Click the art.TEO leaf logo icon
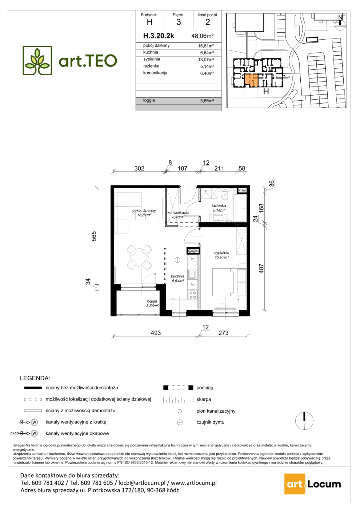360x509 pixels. (x=37, y=60)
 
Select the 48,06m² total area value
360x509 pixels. (x=203, y=36)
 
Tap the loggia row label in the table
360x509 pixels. (x=149, y=100)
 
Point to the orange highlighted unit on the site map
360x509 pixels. (x=251, y=80)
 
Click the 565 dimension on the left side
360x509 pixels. (x=94, y=236)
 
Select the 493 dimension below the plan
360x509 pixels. (x=156, y=333)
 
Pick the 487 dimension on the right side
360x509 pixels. (x=261, y=268)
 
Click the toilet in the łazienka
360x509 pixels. (x=225, y=196)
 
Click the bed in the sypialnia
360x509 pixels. (x=223, y=282)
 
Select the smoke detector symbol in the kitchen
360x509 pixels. (x=177, y=260)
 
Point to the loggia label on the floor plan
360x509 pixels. (x=152, y=301)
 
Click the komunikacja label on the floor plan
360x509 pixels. (x=178, y=213)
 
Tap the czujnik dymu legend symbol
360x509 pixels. (x=180, y=422)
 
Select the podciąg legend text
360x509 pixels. (x=205, y=388)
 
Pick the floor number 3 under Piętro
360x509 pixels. (x=179, y=22)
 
